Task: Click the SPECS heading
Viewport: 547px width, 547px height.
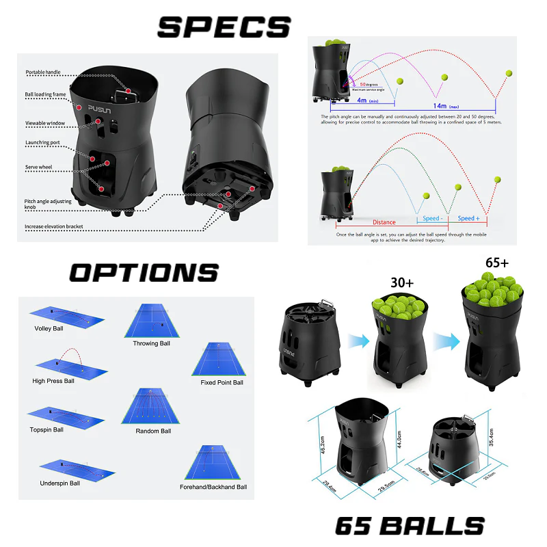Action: point(224,27)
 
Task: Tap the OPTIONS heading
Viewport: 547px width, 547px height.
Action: point(144,273)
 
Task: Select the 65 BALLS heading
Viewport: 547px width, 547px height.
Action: point(409,526)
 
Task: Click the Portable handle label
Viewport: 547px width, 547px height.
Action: point(44,72)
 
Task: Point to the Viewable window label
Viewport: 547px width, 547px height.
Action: point(45,123)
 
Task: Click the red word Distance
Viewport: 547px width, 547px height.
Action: point(384,222)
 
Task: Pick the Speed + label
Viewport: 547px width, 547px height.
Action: point(468,218)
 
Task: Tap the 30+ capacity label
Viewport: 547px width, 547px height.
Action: point(384,283)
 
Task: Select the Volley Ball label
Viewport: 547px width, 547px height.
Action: point(49,328)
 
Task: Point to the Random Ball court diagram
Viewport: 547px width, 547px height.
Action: point(149,406)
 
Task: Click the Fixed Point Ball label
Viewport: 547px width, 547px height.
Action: point(222,382)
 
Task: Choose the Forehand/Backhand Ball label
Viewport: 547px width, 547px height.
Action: point(213,487)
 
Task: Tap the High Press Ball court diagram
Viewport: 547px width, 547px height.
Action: point(65,363)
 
